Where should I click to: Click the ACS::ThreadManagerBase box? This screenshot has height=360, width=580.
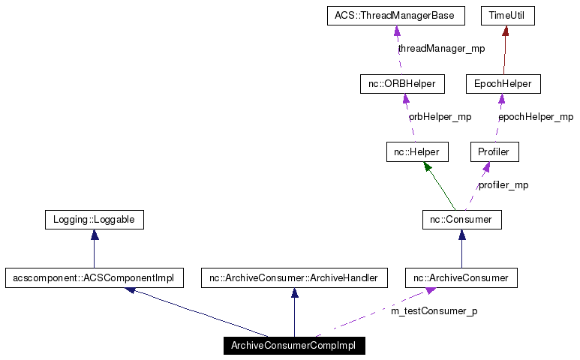tap(395, 16)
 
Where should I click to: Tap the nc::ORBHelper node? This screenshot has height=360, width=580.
tap(402, 84)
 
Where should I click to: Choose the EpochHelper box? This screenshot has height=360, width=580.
tap(503, 84)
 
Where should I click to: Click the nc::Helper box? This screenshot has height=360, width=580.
tap(417, 152)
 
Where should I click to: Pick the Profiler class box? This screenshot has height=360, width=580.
tap(494, 152)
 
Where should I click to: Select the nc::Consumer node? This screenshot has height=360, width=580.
tap(461, 220)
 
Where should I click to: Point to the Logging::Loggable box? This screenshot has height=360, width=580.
tap(94, 220)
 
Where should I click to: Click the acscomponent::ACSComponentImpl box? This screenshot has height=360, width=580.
tap(94, 278)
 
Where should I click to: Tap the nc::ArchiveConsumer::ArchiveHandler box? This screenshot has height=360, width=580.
tap(294, 278)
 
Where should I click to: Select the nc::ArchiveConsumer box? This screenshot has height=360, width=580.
tap(461, 278)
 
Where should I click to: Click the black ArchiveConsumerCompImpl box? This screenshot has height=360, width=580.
tap(294, 346)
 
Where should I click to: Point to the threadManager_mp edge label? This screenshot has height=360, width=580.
tap(441, 49)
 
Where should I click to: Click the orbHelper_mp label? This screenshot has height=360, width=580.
tap(440, 117)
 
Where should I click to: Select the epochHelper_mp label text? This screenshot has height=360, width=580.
tap(536, 117)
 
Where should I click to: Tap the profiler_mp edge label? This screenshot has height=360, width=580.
tap(503, 185)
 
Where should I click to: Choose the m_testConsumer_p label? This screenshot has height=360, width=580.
tap(434, 310)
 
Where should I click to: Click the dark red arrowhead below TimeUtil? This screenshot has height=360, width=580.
tap(506, 31)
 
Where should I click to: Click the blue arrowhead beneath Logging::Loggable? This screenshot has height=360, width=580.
tap(95, 235)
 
